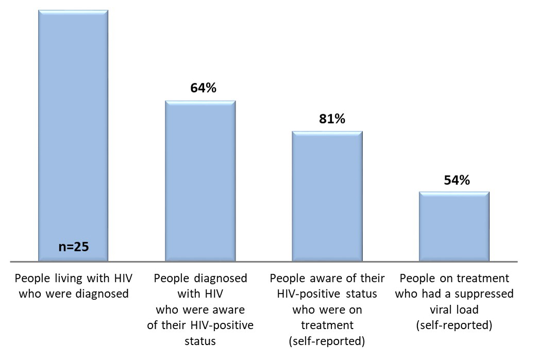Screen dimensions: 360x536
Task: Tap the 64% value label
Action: [203, 88]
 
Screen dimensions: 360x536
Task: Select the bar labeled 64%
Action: [200, 180]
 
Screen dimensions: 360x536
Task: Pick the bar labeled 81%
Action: [327, 196]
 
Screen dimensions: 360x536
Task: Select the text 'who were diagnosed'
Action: [73, 295]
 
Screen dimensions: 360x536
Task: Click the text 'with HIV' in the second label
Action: [201, 295]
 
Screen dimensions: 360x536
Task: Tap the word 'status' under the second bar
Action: [201, 341]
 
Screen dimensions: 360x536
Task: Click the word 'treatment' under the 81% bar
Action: [327, 326]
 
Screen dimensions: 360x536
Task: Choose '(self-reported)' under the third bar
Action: [327, 341]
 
